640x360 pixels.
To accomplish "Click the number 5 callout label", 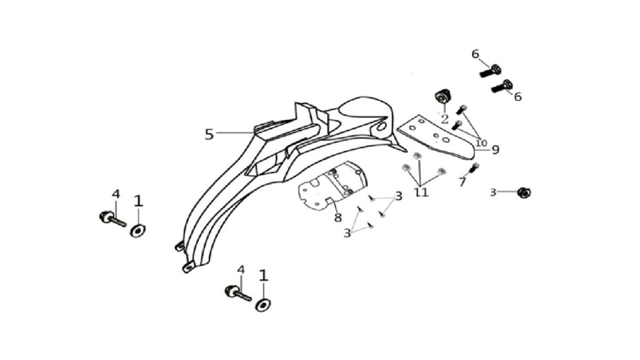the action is [x=209, y=134].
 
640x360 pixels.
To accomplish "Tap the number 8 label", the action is [x=337, y=217].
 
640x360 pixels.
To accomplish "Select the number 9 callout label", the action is [x=495, y=150].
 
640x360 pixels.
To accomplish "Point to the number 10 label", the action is [x=481, y=143].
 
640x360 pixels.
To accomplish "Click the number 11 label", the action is [x=422, y=192].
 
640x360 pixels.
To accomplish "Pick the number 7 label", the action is [x=462, y=182].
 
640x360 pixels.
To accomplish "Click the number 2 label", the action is [x=444, y=119].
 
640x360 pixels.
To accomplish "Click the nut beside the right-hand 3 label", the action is [x=523, y=192].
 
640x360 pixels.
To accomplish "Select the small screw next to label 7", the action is [x=474, y=167].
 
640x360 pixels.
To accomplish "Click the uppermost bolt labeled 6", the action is [x=490, y=71].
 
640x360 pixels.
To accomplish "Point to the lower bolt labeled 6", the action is [x=502, y=86].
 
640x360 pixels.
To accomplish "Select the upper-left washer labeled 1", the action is [x=138, y=231].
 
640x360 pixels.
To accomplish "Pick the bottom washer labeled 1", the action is [x=263, y=305].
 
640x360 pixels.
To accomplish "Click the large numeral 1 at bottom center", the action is [x=264, y=276].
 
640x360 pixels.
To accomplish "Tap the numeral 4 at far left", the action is [x=116, y=194].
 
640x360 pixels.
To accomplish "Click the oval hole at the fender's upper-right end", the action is [x=381, y=127].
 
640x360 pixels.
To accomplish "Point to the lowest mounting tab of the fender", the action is [x=188, y=267].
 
